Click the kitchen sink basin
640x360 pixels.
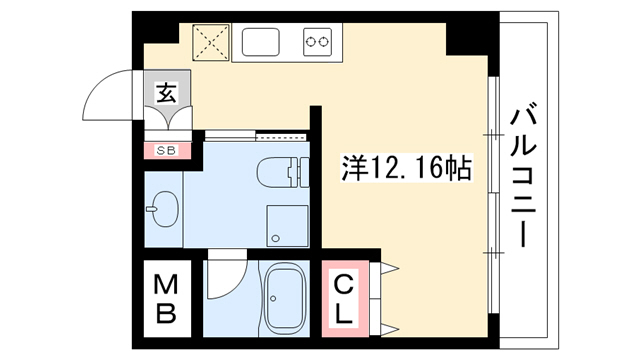point(260,42)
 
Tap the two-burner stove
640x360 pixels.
point(317,42)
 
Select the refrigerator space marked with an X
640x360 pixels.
point(211,42)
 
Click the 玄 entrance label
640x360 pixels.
point(167,93)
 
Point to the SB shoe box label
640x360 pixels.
point(167,151)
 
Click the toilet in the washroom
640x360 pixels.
point(282,172)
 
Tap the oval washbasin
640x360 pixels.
point(163,209)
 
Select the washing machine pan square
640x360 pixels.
point(287,226)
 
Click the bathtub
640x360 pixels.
point(285,298)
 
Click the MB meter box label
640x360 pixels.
point(166,299)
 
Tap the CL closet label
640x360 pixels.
point(343,299)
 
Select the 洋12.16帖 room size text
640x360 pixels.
point(407,168)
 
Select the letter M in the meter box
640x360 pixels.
point(166,284)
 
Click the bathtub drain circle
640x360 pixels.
point(273,298)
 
